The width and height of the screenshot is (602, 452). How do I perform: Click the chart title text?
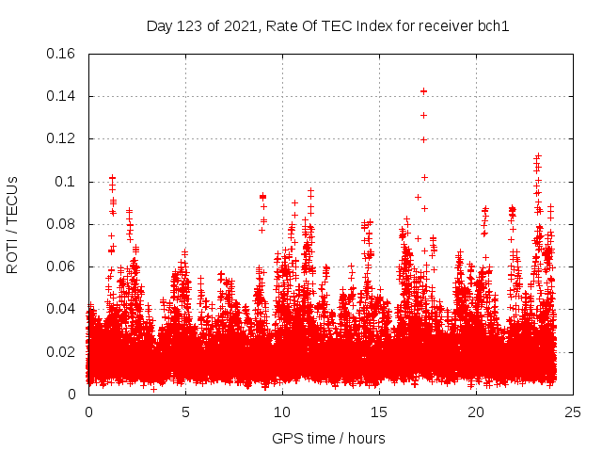tap(327, 26)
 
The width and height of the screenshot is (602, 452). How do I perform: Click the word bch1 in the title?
tap(492, 26)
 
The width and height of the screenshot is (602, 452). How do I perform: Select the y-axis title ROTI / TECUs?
tap(12, 224)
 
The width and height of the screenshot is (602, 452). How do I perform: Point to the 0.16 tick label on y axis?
tap(62, 54)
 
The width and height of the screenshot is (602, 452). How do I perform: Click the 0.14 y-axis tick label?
tap(62, 96)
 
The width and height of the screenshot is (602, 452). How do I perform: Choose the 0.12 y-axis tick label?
tap(62, 138)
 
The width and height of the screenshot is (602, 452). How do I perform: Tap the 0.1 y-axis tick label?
tap(66, 182)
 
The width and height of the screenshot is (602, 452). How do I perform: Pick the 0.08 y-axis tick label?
tap(62, 224)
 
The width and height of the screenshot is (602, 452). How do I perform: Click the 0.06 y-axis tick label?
tap(62, 266)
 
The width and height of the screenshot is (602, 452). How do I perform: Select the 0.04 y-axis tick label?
tap(62, 309)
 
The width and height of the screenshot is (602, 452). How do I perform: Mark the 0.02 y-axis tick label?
tap(62, 352)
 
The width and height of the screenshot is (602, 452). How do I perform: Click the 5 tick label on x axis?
tap(185, 412)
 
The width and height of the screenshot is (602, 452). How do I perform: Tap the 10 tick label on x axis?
tap(282, 412)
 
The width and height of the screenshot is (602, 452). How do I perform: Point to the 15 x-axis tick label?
tap(379, 412)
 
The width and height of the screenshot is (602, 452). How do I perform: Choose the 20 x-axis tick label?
tap(476, 412)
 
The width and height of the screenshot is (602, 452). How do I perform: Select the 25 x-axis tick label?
tap(573, 412)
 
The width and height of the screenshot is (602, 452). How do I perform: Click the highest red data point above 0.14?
tap(423, 91)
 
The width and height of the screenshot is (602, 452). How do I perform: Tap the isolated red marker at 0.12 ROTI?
tap(423, 139)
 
